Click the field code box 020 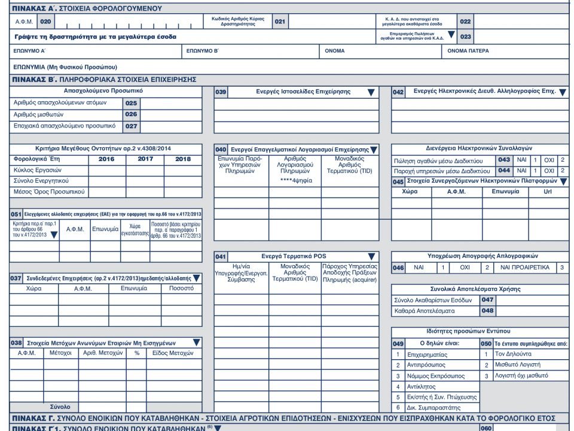[x=45, y=22]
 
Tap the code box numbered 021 [x=280, y=22]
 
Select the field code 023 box [x=466, y=37]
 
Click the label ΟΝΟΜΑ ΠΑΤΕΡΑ [x=468, y=51]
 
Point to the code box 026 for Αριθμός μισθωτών [x=131, y=114]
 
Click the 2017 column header [x=145, y=159]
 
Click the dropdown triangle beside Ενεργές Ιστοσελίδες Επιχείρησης [x=371, y=92]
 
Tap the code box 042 [x=399, y=92]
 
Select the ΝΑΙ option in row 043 [x=521, y=160]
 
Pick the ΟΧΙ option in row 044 [x=549, y=171]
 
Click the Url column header [x=548, y=192]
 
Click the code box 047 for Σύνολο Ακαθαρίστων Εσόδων [x=488, y=300]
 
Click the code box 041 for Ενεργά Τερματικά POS [x=221, y=257]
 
